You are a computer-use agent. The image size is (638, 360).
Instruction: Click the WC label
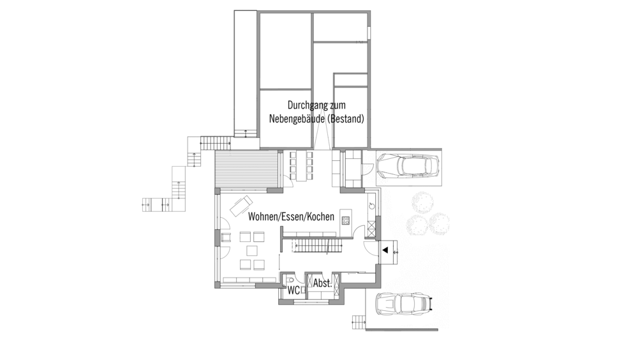[x=293, y=290]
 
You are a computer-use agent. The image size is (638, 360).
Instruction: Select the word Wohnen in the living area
[x=263, y=217]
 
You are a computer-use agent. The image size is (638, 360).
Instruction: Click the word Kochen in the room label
[x=320, y=217]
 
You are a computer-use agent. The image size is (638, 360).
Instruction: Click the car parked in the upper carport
[x=407, y=167]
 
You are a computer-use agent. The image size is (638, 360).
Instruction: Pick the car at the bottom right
[x=402, y=304]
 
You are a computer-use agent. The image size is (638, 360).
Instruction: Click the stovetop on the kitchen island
[x=346, y=220]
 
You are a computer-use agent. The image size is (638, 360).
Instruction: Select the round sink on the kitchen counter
[x=371, y=205]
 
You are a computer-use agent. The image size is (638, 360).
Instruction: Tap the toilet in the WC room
[x=291, y=280]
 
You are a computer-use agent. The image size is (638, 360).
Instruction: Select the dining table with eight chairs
[x=301, y=165]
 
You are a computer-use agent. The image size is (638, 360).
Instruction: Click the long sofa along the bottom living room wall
[x=246, y=280]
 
